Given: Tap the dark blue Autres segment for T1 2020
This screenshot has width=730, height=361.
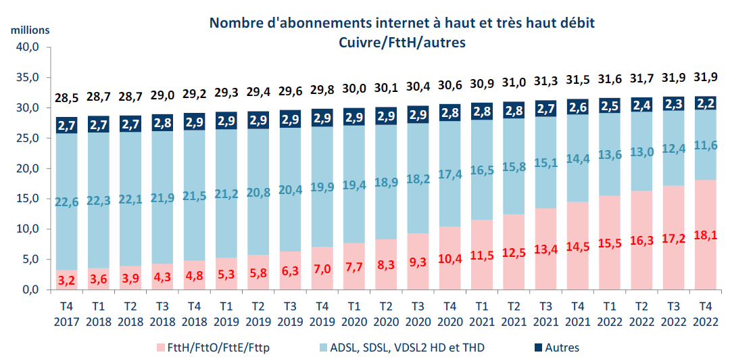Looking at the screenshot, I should click(x=354, y=116).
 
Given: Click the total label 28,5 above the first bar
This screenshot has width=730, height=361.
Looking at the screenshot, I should click(x=66, y=98).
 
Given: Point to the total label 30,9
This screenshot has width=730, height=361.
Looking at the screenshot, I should click(x=482, y=85).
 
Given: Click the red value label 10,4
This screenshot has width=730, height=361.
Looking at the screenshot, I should click(x=450, y=258).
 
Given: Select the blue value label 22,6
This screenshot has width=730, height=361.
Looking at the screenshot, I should click(x=66, y=202).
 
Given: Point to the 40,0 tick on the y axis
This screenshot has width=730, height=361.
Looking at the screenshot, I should click(x=28, y=47).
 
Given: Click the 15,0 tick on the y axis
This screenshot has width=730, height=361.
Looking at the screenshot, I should click(x=28, y=199).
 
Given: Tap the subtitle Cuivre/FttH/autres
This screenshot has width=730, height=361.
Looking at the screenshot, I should click(x=401, y=42).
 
